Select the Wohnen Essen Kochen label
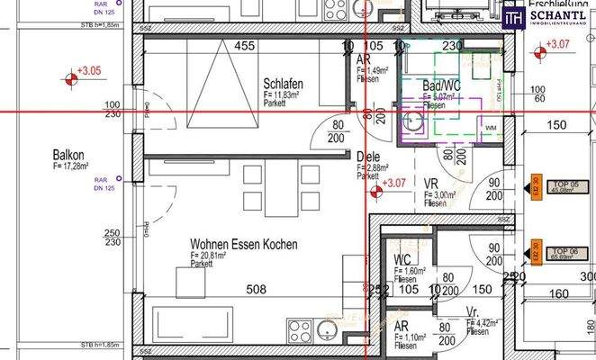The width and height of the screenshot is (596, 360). point(243,244)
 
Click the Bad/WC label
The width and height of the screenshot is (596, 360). point(443,86)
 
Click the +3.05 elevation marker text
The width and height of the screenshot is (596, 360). point(89,69)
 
